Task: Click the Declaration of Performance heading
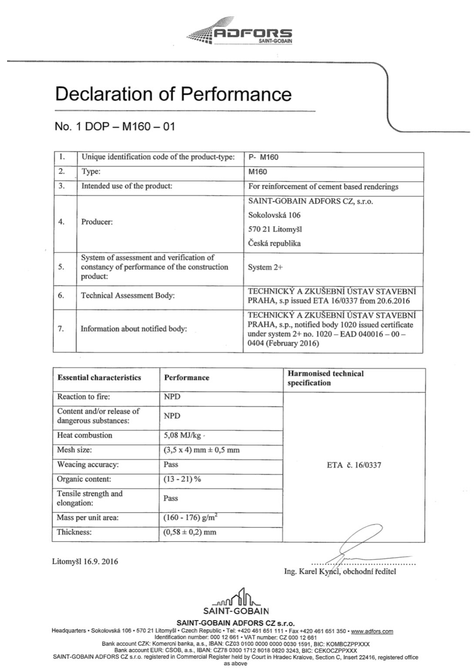tap(173, 94)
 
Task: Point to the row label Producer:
tap(97, 222)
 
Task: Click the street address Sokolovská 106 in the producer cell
tap(274, 215)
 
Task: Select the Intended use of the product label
tap(127, 186)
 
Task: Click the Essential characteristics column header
tap(99, 378)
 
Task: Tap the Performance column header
tap(186, 378)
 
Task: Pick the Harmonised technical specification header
tap(325, 378)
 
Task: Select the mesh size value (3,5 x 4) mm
tap(201, 450)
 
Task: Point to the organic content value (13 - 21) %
tap(182, 479)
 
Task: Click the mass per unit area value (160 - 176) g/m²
tap(190, 517)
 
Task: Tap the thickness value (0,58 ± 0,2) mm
tap(189, 532)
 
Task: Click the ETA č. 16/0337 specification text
tap(354, 465)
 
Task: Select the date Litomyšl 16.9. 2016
tap(85, 561)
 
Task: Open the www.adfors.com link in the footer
tap(372, 631)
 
